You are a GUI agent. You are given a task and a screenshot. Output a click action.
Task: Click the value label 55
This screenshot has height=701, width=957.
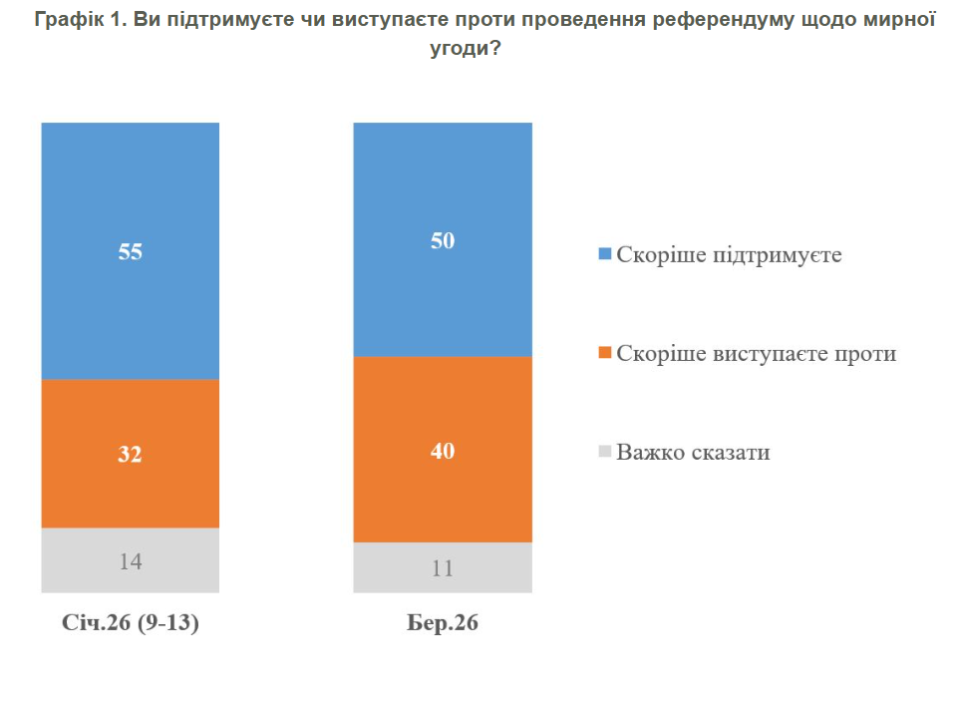131,251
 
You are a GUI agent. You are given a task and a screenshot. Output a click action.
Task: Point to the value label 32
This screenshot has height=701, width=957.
131,454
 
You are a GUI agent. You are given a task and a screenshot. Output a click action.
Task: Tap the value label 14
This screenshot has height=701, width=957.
131,560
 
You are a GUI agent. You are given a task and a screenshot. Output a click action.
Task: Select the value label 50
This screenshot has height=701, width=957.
443,240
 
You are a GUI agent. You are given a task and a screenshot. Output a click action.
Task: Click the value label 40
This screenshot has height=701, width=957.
443,451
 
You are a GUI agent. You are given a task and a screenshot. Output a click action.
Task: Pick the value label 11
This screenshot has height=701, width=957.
443,568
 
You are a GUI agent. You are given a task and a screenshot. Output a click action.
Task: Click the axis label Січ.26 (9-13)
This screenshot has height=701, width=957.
131,624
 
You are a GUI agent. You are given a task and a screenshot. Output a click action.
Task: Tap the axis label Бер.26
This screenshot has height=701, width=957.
443,624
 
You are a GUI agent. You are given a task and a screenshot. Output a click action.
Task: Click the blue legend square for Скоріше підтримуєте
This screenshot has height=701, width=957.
603,255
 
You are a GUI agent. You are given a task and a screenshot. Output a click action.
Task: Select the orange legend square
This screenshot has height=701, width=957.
603,353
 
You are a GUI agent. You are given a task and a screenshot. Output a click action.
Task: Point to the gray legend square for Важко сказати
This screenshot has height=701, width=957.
603,452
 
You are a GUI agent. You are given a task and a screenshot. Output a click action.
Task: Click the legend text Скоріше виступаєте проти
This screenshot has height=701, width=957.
757,353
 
